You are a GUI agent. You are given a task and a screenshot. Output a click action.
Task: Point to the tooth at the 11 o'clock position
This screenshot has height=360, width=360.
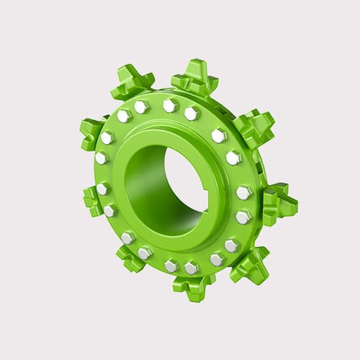point(132,84)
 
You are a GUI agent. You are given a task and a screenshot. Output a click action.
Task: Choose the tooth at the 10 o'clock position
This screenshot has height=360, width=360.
point(92,132)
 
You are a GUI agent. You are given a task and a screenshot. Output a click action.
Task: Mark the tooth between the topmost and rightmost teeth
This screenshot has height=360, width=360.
point(253,127)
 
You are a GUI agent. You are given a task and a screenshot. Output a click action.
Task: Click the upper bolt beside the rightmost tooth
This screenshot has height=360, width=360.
point(244,192)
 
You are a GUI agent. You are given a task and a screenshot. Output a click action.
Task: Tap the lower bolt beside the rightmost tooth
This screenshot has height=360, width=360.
point(243,216)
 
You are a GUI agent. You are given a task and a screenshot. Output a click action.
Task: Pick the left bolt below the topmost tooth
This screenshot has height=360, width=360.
point(170,106)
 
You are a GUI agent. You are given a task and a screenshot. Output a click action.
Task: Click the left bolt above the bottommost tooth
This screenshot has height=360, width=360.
point(171,266)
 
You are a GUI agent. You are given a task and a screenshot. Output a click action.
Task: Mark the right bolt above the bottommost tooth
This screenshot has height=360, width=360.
point(192,268)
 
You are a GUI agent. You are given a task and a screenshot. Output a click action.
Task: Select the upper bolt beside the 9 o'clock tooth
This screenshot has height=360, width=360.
point(103,189)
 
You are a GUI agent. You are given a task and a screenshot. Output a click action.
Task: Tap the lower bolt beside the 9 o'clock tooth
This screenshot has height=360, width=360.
point(110,210)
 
